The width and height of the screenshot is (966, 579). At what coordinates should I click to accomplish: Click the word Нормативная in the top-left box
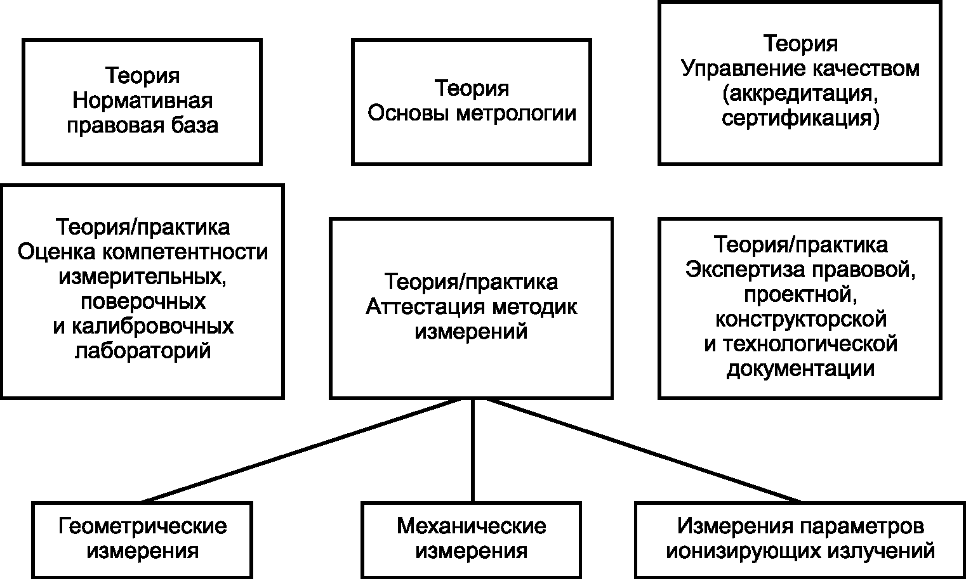pyautogui.click(x=142, y=101)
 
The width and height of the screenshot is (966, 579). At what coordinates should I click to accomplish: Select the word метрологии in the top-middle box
pyautogui.click(x=516, y=114)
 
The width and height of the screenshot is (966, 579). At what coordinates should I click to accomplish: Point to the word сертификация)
pyautogui.click(x=800, y=118)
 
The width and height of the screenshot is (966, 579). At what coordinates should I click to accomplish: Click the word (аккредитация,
pyautogui.click(x=800, y=93)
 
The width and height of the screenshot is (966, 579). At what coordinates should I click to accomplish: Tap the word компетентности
pyautogui.click(x=185, y=252)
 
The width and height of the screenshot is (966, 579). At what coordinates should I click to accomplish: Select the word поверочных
pyautogui.click(x=143, y=302)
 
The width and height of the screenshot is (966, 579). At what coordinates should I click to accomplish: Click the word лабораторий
pyautogui.click(x=143, y=351)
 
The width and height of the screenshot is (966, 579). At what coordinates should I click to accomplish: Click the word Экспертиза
pyautogui.click(x=745, y=270)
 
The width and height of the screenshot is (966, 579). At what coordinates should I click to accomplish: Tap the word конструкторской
pyautogui.click(x=801, y=319)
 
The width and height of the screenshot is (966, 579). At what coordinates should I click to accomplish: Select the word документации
pyautogui.click(x=801, y=369)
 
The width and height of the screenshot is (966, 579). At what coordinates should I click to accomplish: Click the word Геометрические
pyautogui.click(x=142, y=526)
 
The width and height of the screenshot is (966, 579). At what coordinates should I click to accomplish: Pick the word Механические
pyautogui.click(x=472, y=526)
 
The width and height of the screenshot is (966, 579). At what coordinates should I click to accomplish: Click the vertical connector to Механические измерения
pyautogui.click(x=473, y=451)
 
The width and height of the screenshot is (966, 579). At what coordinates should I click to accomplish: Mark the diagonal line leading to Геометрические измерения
pyautogui.click(x=302, y=451)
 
